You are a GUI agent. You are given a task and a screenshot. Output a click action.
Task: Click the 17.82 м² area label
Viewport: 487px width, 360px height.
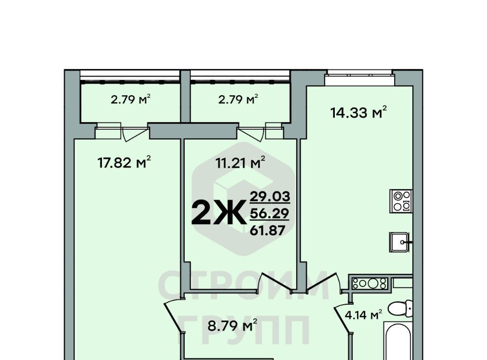[124, 162]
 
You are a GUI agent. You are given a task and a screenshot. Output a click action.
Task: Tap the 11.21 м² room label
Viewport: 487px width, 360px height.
[240, 162]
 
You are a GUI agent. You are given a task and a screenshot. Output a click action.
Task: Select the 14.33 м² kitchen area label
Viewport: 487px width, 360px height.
[359, 113]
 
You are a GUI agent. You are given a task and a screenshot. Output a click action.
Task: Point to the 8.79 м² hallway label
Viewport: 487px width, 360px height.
[232, 326]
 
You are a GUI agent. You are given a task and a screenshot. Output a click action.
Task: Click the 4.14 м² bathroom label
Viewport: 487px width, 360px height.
[363, 315]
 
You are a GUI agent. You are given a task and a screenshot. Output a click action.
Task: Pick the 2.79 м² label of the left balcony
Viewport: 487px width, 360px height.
[131, 99]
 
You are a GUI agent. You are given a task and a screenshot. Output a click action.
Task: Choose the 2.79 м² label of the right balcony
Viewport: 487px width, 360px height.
[238, 99]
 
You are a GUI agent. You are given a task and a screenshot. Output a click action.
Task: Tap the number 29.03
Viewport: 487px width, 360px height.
[270, 196]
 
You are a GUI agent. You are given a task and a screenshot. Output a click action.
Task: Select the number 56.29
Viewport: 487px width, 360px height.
[269, 213]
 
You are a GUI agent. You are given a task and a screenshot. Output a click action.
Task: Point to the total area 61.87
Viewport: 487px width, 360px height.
[268, 231]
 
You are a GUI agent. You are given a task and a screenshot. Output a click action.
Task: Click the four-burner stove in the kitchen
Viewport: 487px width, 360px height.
[401, 201]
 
